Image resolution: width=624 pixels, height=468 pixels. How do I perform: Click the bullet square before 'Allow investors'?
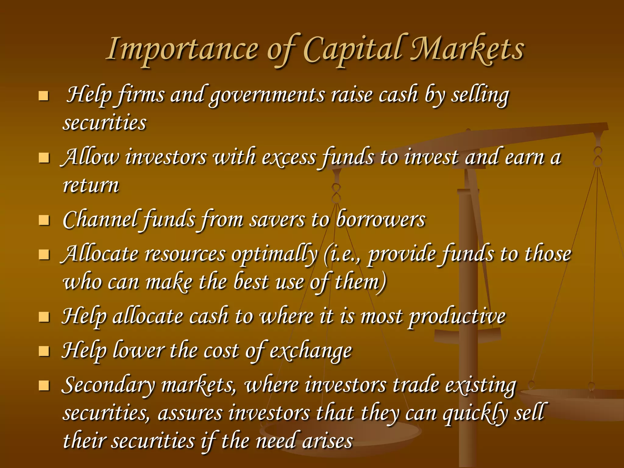click(x=44, y=158)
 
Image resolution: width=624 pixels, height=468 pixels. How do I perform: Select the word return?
click(x=91, y=185)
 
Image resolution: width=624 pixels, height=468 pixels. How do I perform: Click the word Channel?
click(x=100, y=220)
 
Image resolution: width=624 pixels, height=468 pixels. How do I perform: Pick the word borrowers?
click(x=381, y=220)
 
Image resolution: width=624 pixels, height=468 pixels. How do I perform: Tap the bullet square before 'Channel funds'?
click(x=44, y=220)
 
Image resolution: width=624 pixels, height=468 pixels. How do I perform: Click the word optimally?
click(x=274, y=255)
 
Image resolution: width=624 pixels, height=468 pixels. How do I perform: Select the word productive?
click(x=457, y=317)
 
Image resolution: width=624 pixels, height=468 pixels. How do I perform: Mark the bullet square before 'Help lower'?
click(x=44, y=351)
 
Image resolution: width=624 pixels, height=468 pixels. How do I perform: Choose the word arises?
click(x=327, y=441)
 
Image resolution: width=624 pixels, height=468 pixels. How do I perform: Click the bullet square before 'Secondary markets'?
click(x=44, y=385)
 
